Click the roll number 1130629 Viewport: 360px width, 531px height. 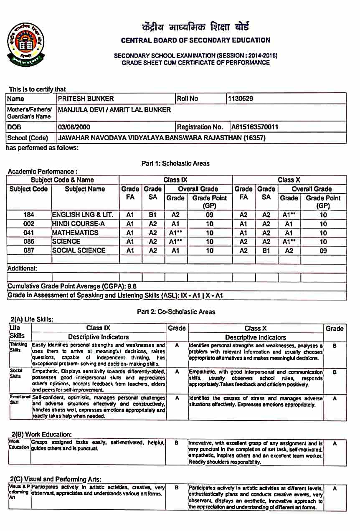tap(240, 99)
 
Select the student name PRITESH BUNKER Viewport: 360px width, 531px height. tap(86, 99)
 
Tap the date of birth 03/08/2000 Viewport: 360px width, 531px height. tap(74, 127)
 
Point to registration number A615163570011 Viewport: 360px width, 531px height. tap(254, 127)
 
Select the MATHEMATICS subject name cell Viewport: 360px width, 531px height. tap(75, 233)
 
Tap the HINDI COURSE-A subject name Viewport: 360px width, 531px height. tap(77, 224)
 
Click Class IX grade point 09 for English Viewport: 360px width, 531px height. tap(209, 215)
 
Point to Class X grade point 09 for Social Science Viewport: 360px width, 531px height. tap(323, 251)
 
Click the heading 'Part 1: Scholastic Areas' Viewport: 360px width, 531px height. tap(175, 163)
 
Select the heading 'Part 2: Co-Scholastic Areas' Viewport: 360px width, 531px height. tap(176, 311)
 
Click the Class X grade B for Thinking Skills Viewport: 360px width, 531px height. tap(335, 346)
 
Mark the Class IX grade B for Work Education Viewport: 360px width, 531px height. tap(177, 443)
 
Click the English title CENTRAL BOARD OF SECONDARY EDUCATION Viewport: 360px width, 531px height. tap(195, 40)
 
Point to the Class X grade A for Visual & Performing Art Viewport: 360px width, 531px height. tap(335, 488)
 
